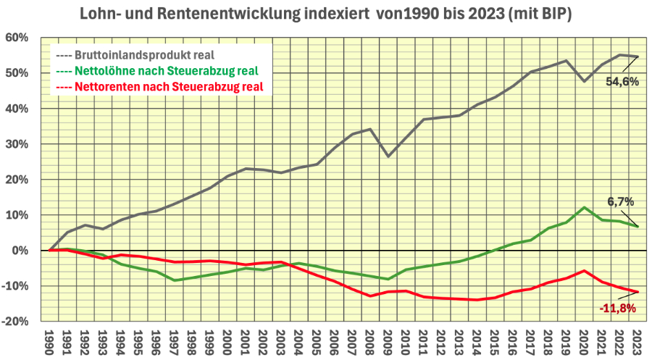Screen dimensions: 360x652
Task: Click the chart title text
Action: [326, 14]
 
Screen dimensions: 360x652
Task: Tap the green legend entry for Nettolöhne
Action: [156, 70]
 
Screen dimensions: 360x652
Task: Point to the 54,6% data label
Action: [622, 82]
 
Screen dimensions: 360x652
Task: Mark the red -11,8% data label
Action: [618, 308]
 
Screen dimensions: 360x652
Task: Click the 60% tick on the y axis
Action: [17, 38]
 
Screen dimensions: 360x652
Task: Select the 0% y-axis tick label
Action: [20, 251]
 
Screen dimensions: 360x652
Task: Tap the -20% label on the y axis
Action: [17, 322]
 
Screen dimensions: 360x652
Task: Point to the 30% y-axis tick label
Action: [17, 144]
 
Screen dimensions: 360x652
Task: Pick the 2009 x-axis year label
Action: [389, 341]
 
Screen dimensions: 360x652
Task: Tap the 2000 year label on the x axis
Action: [228, 341]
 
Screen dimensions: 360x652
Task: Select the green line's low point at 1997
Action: [175, 280]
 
